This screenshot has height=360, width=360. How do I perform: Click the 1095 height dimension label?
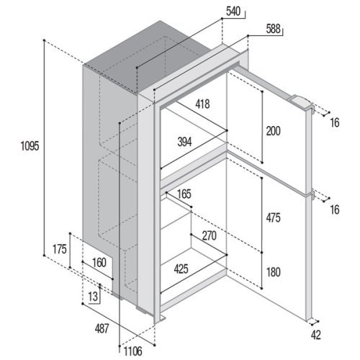(30, 145)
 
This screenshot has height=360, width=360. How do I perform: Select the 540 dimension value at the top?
(233, 12)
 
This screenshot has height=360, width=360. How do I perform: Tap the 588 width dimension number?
(273, 29)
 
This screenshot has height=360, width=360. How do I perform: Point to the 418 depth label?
(202, 104)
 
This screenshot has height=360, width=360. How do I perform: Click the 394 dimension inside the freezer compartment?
(184, 142)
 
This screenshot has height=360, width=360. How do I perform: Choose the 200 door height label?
(273, 131)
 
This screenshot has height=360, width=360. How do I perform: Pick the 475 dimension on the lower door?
(273, 218)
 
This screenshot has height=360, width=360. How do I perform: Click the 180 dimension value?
(274, 272)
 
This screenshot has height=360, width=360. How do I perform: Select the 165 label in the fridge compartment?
(184, 194)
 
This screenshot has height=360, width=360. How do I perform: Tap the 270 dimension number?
(210, 235)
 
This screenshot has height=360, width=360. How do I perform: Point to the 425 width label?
(181, 269)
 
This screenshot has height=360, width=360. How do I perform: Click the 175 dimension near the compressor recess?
(60, 249)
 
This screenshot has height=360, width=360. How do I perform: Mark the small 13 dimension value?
(93, 297)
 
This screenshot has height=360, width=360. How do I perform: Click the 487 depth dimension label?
(102, 328)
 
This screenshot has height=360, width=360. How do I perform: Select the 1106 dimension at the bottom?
(133, 351)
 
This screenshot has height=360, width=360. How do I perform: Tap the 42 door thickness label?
(316, 335)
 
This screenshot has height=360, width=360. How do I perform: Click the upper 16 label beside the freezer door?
(335, 123)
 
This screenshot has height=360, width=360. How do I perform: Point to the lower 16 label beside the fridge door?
(335, 210)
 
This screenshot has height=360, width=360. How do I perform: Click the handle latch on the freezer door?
(302, 103)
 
